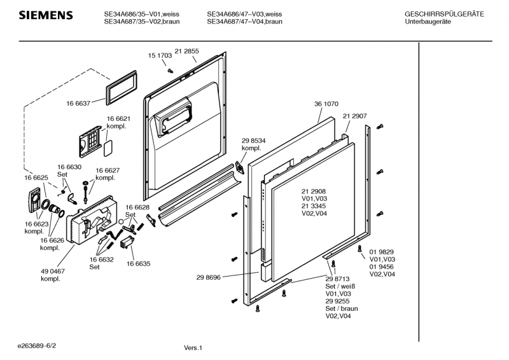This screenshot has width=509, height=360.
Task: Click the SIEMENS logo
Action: [46, 15]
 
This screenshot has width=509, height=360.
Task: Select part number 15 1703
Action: [160, 55]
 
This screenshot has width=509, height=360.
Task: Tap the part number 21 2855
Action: [186, 51]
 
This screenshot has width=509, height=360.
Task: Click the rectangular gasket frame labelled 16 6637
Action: [121, 88]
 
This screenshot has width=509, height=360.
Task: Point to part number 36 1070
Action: [326, 104]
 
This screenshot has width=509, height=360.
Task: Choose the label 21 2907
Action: [355, 116]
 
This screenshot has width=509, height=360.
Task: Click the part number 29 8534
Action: [253, 141]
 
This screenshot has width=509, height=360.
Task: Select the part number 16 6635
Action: [138, 263]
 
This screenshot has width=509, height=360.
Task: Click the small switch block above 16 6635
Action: [127, 242]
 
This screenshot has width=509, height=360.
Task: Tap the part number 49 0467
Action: [53, 271]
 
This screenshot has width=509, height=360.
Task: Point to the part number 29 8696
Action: [208, 277]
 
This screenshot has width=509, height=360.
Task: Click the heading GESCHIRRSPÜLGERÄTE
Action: [444, 14]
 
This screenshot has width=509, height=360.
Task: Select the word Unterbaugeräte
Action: [428, 22]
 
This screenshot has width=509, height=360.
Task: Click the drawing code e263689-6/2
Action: [37, 346]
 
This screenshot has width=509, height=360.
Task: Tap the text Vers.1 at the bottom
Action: [193, 348]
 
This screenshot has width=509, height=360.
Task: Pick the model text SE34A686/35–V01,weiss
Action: [141, 14]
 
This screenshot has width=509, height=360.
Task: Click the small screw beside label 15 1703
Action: [170, 70]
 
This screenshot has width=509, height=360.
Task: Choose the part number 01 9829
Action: [381, 252]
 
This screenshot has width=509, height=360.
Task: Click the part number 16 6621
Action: [118, 119]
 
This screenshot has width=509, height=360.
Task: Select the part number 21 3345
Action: [314, 206]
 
